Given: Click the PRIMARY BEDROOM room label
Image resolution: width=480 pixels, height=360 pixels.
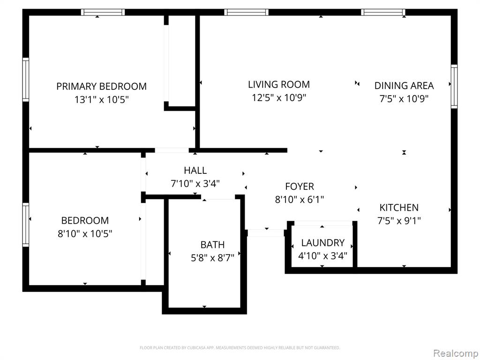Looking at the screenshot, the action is coord(101,86).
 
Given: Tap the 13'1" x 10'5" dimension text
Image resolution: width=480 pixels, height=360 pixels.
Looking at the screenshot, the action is coord(101,100).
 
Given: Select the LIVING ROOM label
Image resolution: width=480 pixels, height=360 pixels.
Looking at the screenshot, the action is coord(279,84).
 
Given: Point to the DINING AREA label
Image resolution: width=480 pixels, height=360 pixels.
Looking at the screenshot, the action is coord(404,85).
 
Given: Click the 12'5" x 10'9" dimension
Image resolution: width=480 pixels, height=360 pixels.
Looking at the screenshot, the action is coord(279,97).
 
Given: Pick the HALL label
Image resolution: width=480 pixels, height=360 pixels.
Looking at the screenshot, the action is coord(195,170).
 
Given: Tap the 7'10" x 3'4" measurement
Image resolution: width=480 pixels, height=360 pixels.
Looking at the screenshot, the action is coord(195,184).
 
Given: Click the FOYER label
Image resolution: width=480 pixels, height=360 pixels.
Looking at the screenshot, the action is coord(300,186).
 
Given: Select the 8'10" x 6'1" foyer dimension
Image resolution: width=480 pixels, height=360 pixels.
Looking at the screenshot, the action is coord(300,200).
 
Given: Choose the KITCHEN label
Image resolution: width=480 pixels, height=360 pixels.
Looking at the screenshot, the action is coord(399,208).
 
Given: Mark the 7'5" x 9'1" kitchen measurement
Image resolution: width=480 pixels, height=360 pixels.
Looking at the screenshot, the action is coord(399,220).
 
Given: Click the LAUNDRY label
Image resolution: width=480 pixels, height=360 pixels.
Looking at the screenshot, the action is coord(323,243).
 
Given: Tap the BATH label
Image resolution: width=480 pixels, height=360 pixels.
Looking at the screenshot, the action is coord(212,245).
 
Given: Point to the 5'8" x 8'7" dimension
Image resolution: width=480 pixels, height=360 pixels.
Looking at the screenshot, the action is coord(212,258).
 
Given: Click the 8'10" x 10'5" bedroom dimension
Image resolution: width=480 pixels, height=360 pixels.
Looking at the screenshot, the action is coord(85,234).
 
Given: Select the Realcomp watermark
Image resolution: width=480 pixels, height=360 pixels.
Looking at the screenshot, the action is coord(456,353).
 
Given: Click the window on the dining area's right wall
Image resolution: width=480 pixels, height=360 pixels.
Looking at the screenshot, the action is coord(454,86).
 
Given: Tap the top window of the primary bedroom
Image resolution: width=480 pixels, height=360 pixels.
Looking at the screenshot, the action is coord(103,12).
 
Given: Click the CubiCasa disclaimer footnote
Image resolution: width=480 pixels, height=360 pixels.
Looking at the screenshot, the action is coord(240,348).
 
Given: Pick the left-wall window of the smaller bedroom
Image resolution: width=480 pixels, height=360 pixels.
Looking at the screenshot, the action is coord(26,225).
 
